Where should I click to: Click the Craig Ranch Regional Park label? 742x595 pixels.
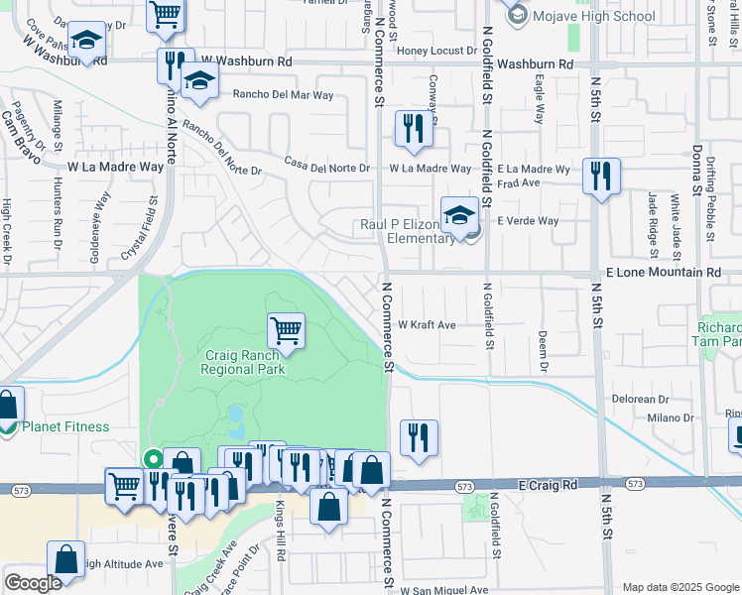coord(243,362)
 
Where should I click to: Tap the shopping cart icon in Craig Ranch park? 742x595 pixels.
coord(286,329)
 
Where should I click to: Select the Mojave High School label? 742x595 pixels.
coord(593,16)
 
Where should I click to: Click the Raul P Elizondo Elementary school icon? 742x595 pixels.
coord(460,215)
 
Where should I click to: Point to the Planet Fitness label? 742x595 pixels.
coord(66,426)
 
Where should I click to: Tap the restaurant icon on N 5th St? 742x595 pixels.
coord(601,176)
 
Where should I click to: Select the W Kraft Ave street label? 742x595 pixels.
coord(427,324)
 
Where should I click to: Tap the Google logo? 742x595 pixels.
coord(33,583)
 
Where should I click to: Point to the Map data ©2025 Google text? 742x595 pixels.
coord(680,587)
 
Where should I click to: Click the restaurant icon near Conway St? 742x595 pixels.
coord(412,128)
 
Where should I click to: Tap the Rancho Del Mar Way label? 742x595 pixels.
coord(283,95)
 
